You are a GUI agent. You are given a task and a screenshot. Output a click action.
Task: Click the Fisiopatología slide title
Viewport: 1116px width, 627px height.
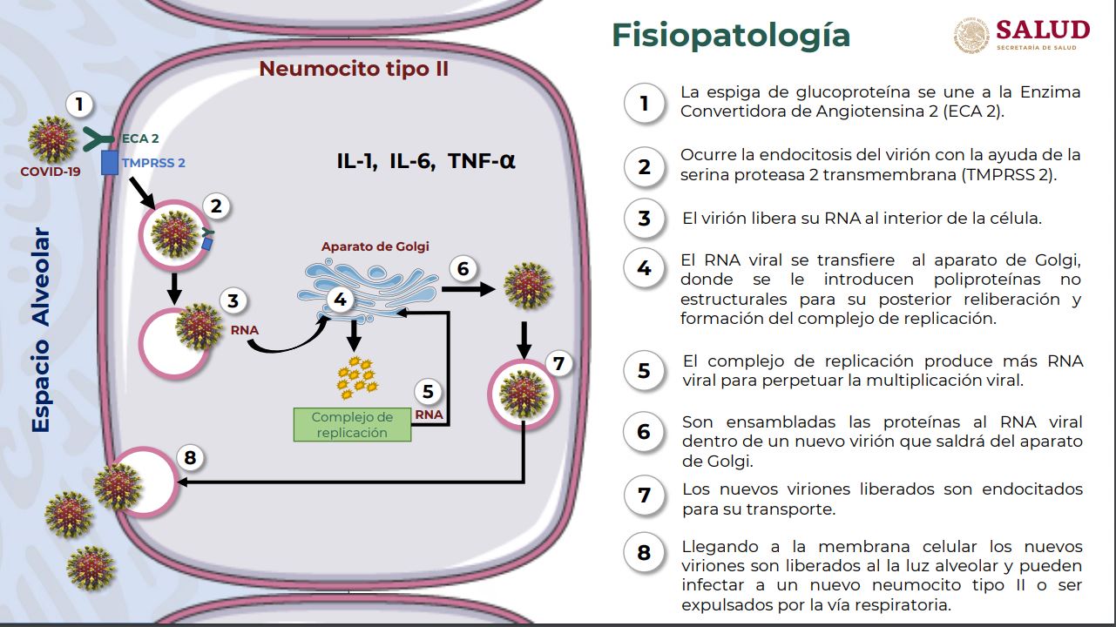point(730,36)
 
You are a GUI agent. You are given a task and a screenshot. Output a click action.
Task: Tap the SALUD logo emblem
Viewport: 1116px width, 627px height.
point(971,36)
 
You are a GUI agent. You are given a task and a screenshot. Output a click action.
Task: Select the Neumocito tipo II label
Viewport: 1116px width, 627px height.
point(354,68)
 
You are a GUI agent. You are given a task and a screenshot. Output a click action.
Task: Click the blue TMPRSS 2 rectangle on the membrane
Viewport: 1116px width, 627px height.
point(110,162)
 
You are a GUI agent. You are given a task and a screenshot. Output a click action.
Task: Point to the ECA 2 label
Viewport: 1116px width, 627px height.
point(139,138)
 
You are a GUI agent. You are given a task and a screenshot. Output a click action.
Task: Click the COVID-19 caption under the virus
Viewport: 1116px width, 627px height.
point(51,172)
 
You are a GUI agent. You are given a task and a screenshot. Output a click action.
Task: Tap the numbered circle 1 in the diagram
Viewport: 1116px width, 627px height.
point(79,105)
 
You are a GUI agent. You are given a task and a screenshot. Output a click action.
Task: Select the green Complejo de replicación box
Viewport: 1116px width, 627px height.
point(353,424)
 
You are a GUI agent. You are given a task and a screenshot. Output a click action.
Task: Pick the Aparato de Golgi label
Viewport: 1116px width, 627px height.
point(375,246)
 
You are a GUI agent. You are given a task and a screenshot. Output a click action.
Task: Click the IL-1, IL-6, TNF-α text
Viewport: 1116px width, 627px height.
point(426,161)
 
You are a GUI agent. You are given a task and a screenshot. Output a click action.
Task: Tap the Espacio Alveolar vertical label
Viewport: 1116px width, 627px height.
point(40,330)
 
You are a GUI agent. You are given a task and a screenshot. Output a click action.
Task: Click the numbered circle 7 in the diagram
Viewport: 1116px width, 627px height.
point(558,363)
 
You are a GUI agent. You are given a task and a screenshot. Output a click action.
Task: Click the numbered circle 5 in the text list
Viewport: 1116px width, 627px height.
point(644,371)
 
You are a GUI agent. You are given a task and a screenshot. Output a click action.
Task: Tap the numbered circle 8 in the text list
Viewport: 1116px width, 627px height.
point(644,553)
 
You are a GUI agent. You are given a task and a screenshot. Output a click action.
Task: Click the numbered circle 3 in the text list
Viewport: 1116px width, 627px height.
point(644,218)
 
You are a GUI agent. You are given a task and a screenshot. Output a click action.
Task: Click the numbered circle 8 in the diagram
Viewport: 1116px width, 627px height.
point(191,456)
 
